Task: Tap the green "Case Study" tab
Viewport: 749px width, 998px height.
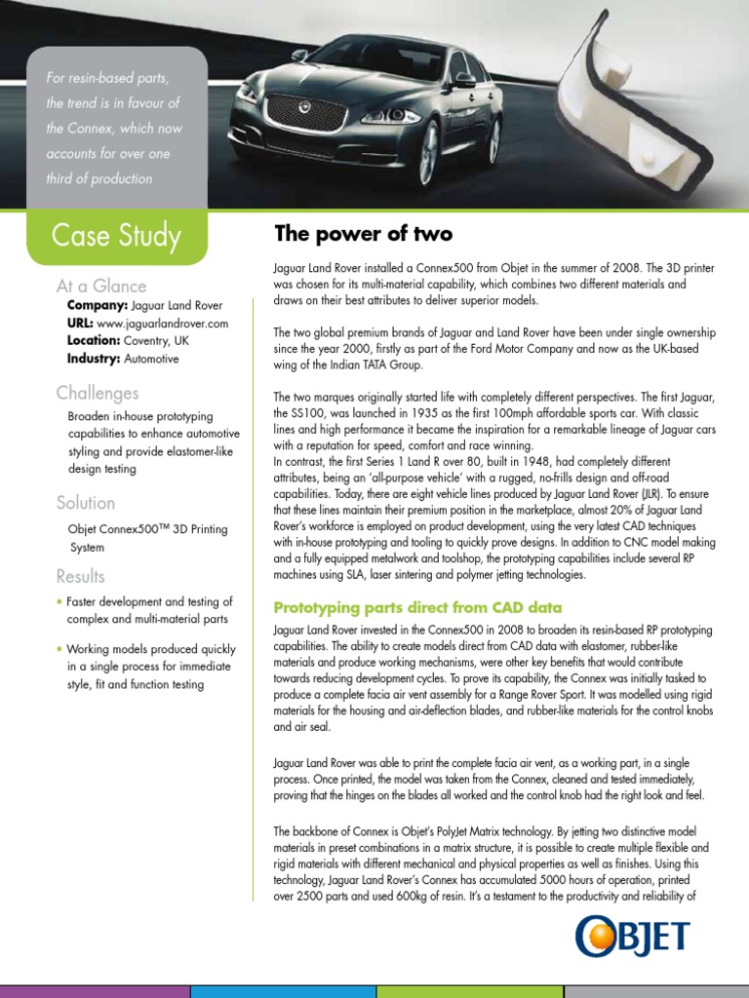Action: [116, 235]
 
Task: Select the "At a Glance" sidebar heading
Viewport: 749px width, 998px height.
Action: [101, 286]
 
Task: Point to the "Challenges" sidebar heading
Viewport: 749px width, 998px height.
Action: [97, 393]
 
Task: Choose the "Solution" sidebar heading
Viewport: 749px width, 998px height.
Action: [86, 503]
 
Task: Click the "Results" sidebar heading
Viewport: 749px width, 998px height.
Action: [81, 576]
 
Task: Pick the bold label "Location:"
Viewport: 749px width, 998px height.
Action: [94, 340]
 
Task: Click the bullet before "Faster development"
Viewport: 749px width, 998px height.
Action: [59, 601]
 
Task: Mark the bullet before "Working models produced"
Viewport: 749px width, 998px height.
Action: [59, 648]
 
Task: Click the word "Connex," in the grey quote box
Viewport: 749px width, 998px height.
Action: [111, 128]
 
